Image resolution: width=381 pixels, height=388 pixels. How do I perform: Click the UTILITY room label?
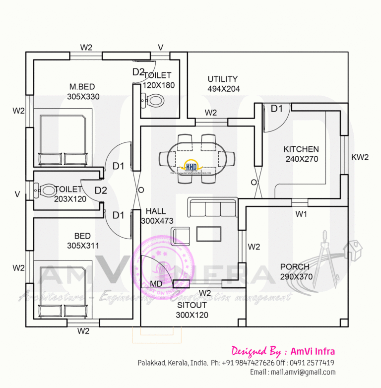pos(222,79)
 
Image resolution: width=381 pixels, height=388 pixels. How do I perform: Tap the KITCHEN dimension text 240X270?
pos(301,159)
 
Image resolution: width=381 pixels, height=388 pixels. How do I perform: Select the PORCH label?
pos(294,267)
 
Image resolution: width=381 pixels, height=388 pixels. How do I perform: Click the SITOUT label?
pos(192,306)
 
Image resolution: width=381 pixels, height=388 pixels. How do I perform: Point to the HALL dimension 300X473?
pos(157,220)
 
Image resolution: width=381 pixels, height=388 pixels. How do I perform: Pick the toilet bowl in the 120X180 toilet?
pos(154,102)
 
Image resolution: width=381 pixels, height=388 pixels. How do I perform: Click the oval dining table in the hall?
pos(197,159)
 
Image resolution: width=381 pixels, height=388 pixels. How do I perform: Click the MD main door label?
pos(156,284)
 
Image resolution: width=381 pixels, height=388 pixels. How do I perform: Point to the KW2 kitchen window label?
pos(360,157)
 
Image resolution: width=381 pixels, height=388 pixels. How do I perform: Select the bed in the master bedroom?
pos(63,140)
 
